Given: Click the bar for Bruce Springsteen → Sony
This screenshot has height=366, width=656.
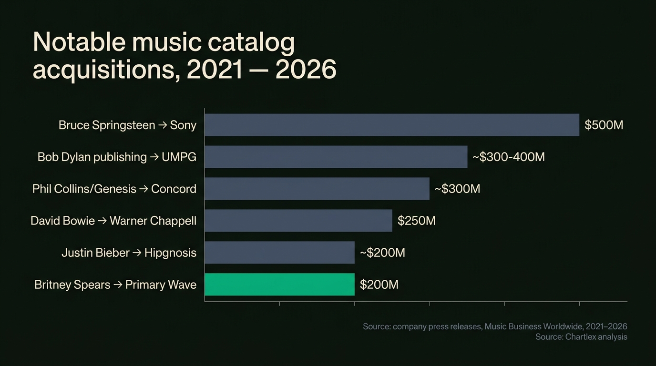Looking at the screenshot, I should click(392, 125).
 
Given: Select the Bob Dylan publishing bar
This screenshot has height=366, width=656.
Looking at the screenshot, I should click(336, 157).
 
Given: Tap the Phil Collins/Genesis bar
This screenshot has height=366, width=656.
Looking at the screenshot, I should click(317, 189).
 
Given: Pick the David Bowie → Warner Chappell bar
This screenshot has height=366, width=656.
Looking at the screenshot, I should click(298, 221).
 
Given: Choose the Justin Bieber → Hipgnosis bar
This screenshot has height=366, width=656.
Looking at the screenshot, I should click(280, 253).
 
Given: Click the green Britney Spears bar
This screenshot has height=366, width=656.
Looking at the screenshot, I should click(280, 285).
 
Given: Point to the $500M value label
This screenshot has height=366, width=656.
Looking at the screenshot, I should click(604, 125).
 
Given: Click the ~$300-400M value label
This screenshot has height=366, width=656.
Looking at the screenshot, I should click(508, 157).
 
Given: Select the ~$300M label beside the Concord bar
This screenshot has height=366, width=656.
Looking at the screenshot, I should click(457, 189).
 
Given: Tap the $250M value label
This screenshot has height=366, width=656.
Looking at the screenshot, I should click(416, 221).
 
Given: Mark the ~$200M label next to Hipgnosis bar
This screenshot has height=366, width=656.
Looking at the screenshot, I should click(382, 253).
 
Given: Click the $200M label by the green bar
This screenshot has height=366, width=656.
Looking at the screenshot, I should click(379, 285).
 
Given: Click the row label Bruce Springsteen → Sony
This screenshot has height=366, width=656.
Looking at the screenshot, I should click(127, 125).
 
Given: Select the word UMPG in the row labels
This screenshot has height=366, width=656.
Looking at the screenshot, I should click(179, 157).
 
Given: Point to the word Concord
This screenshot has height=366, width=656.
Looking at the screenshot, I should click(174, 189).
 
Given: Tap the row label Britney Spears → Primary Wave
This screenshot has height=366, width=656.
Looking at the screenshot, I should click(115, 285).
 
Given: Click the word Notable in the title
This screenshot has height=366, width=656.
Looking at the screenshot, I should click(79, 43).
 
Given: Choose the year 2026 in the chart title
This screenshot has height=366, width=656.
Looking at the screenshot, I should click(306, 70).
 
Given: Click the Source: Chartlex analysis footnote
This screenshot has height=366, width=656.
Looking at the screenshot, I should click(581, 337).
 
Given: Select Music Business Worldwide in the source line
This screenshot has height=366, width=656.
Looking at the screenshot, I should click(535, 326).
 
